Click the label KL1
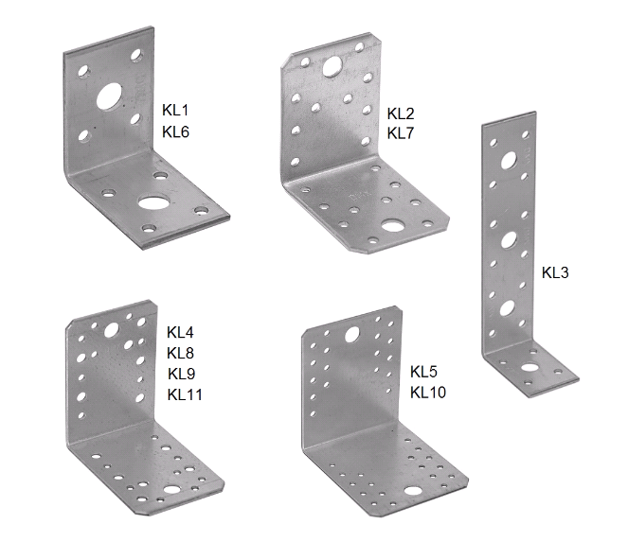tap(175, 110)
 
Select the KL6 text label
tap(175, 131)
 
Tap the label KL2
tap(400, 114)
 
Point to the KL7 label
tap(400, 133)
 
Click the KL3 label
tap(555, 272)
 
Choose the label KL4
tap(180, 332)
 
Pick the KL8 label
tap(180, 353)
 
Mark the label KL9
tap(182, 374)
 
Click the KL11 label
tap(185, 394)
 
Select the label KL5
tap(423, 372)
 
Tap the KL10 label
tap(428, 392)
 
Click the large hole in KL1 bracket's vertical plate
tap(109, 96)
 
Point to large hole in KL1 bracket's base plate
tap(154, 201)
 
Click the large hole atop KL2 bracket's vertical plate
tap(332, 66)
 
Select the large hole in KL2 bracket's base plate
tap(392, 225)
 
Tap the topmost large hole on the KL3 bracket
tap(509, 160)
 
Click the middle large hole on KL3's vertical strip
tap(509, 239)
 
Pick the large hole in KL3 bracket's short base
tap(529, 367)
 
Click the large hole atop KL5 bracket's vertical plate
tap(352, 335)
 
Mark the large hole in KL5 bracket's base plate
tap(413, 490)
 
